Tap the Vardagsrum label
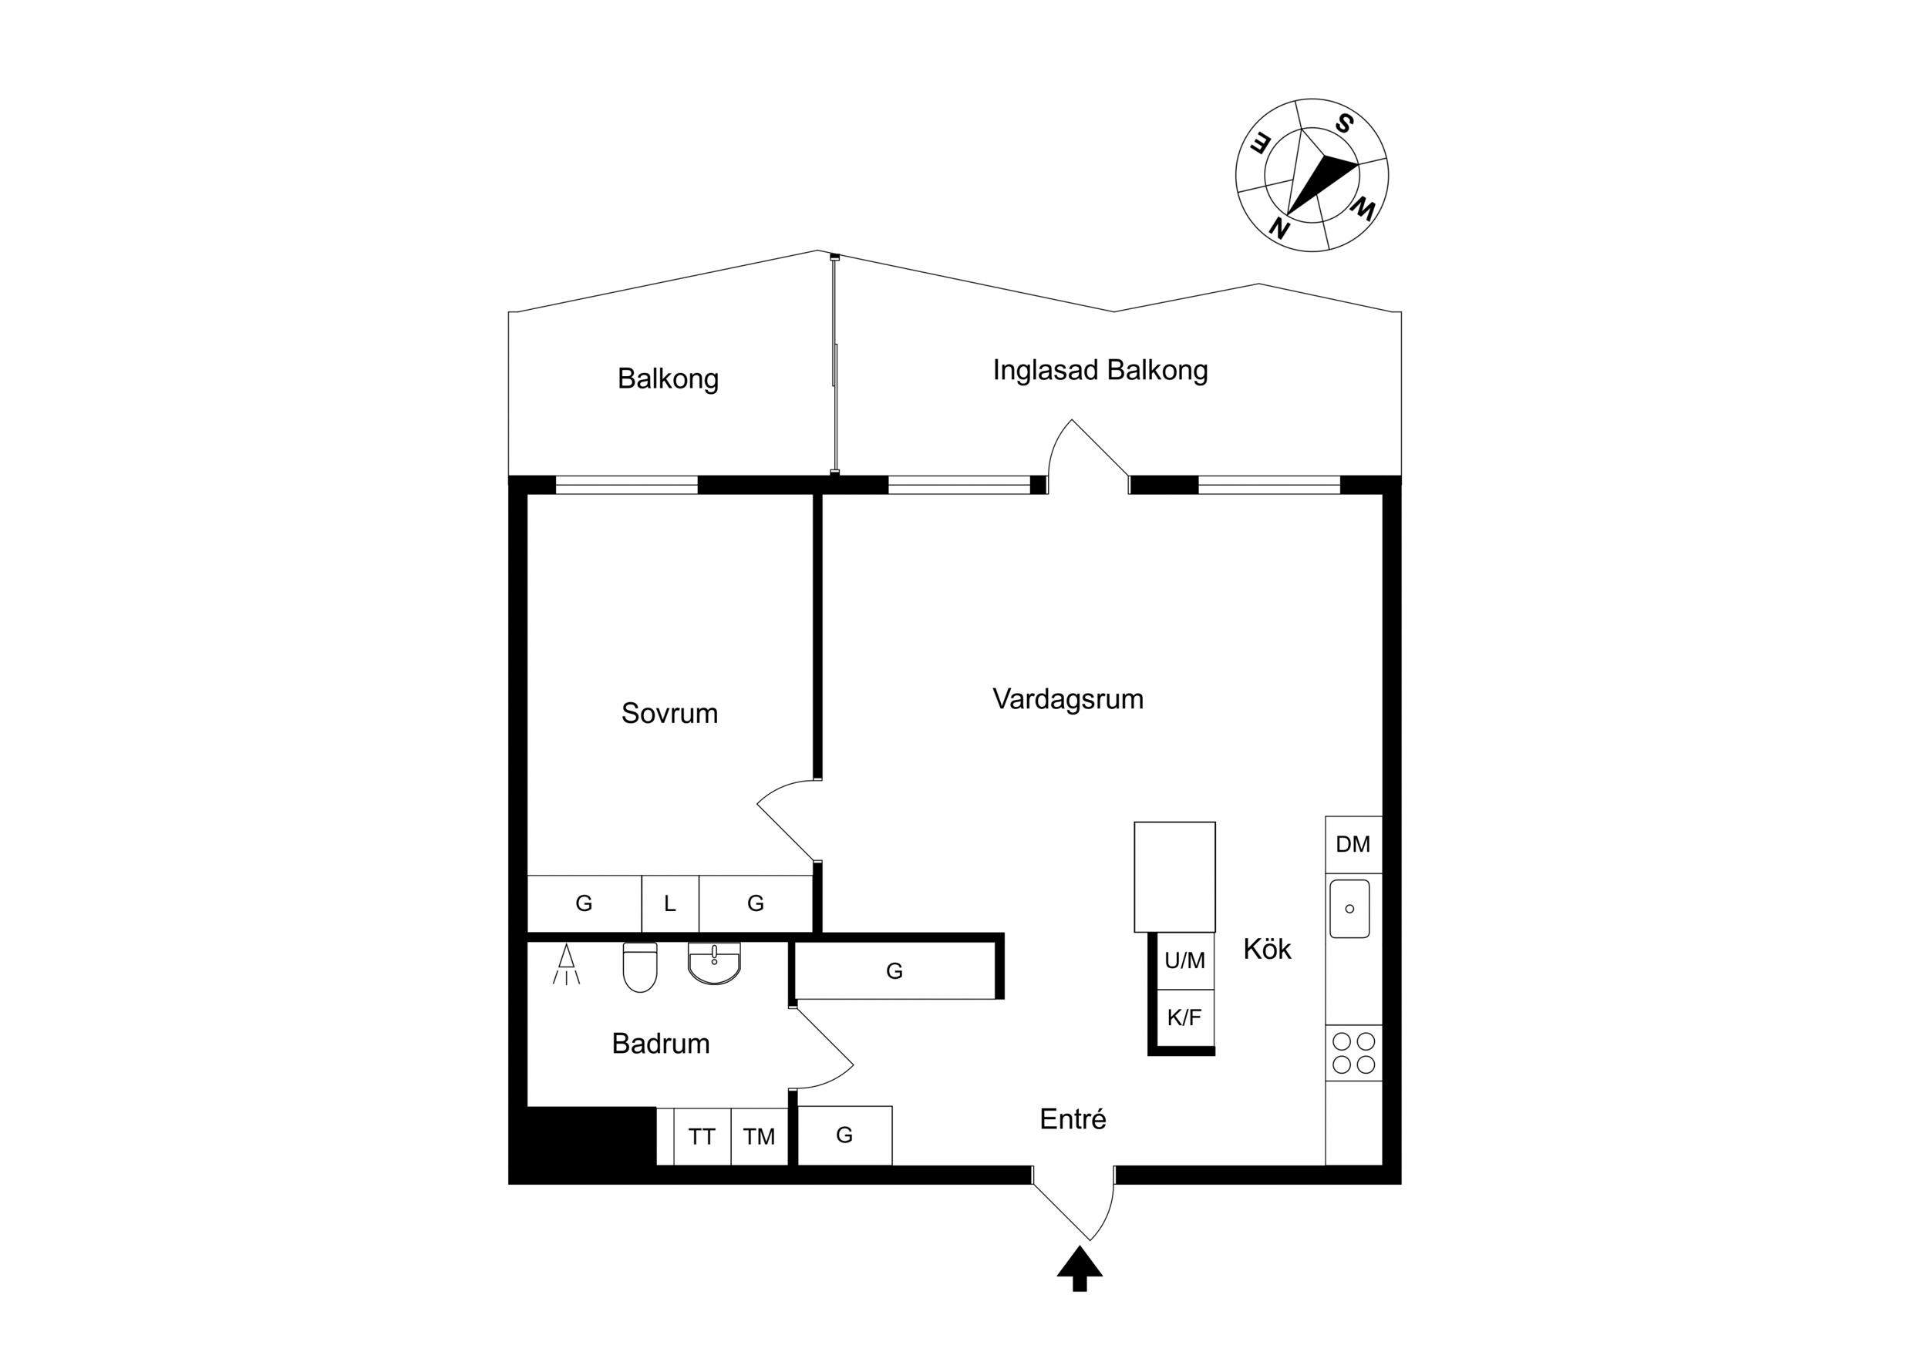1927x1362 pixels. click(1067, 699)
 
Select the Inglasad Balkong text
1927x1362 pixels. click(1100, 370)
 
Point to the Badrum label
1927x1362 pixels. click(661, 1043)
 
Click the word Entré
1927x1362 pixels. click(1073, 1118)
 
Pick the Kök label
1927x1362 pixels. click(1266, 949)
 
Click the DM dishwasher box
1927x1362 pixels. click(1353, 844)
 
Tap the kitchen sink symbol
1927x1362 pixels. click(1349, 909)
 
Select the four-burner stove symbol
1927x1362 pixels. click(1354, 1053)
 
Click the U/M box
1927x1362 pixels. click(1184, 960)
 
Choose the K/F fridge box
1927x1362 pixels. click(1184, 1018)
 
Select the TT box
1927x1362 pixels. click(702, 1136)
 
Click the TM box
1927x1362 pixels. click(759, 1136)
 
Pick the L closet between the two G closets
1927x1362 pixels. click(670, 904)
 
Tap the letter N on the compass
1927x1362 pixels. click(1278, 227)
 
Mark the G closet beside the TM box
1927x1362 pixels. click(844, 1135)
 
